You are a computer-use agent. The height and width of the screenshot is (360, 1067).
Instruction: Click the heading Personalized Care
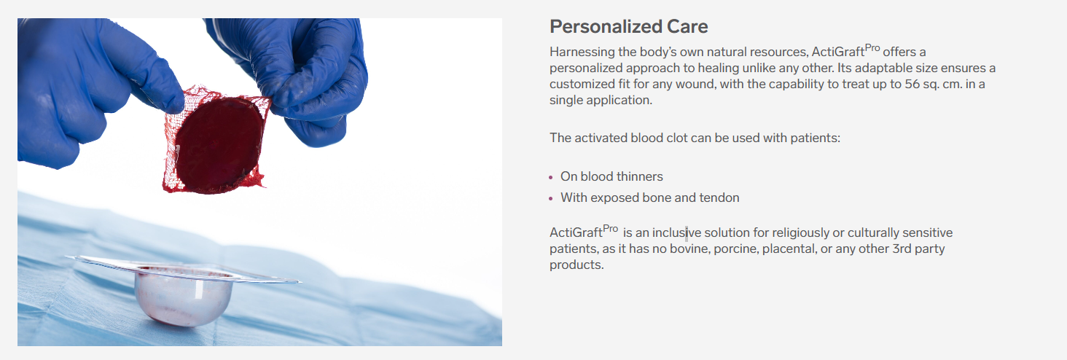point(628,27)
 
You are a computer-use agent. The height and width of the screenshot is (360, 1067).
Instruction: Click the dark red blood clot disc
point(218,139)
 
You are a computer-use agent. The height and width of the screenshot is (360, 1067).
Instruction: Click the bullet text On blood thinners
point(611,176)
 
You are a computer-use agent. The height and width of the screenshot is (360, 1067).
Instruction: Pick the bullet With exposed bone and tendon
point(649,197)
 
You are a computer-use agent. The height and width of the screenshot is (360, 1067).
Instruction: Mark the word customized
point(582,84)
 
